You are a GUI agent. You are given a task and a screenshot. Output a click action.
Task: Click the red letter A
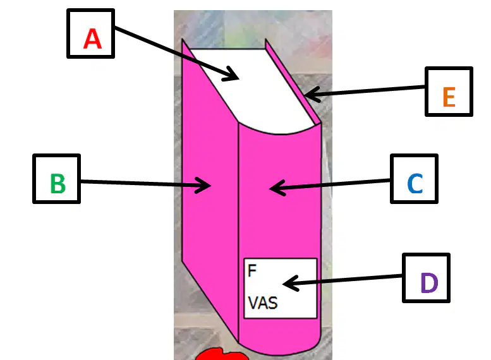tap(92, 39)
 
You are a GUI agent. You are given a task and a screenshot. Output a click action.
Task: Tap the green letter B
tap(58, 183)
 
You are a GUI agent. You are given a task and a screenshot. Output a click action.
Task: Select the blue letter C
tap(415, 183)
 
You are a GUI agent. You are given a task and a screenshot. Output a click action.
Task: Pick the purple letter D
tap(429, 282)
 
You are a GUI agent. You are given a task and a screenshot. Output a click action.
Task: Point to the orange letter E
tap(449, 97)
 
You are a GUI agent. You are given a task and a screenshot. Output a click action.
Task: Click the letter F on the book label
tap(252, 270)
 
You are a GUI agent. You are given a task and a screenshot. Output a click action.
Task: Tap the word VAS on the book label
tap(263, 303)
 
